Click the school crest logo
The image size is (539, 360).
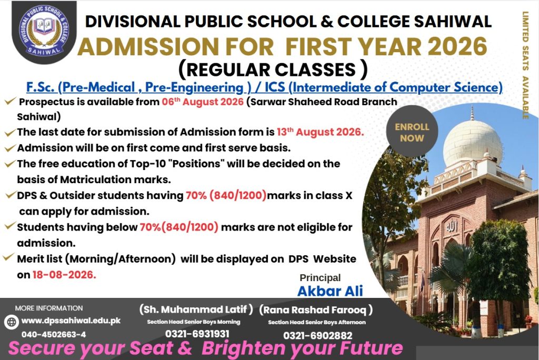coord(44,32)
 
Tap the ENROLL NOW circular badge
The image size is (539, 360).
coord(412,132)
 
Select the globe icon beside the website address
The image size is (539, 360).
coord(12,322)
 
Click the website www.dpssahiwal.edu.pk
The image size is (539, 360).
coord(71,321)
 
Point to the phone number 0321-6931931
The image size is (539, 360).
coord(197,334)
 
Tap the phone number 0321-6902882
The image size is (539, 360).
coord(317,336)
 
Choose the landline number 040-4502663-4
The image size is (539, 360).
coord(54,334)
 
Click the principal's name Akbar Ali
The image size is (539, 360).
coord(330,291)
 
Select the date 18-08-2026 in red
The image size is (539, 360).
coord(64,275)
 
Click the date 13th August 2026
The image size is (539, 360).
coord(320,132)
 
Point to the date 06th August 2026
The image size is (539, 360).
coord(203,102)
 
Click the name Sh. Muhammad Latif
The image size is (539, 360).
coord(196,309)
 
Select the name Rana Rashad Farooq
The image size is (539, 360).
coord(316,310)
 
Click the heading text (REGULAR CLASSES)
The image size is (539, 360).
coord(273,70)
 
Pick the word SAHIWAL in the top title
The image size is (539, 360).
coord(453,22)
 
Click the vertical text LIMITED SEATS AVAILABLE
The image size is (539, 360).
coord(526,65)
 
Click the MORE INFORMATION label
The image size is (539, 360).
coord(49,308)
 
